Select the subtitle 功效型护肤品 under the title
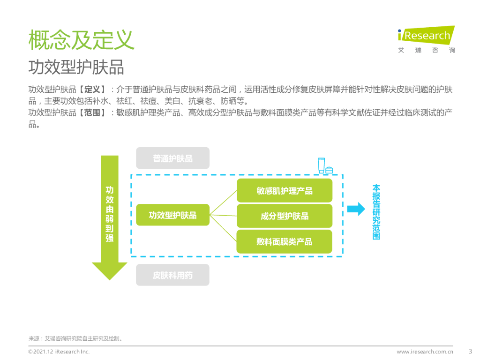[x=76, y=67]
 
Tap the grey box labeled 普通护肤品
[x=172, y=158]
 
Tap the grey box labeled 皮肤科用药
[x=172, y=275]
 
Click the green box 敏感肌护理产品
[x=284, y=191]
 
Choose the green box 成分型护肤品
[x=284, y=216]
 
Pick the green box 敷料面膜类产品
[x=284, y=241]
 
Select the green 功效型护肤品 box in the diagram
[x=172, y=215]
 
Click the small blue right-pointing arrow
[x=356, y=209]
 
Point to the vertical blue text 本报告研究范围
[x=376, y=212]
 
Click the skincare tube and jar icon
[x=325, y=166]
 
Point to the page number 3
[x=470, y=351]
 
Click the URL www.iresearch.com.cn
[x=425, y=352]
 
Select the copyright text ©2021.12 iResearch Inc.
[x=59, y=352]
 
